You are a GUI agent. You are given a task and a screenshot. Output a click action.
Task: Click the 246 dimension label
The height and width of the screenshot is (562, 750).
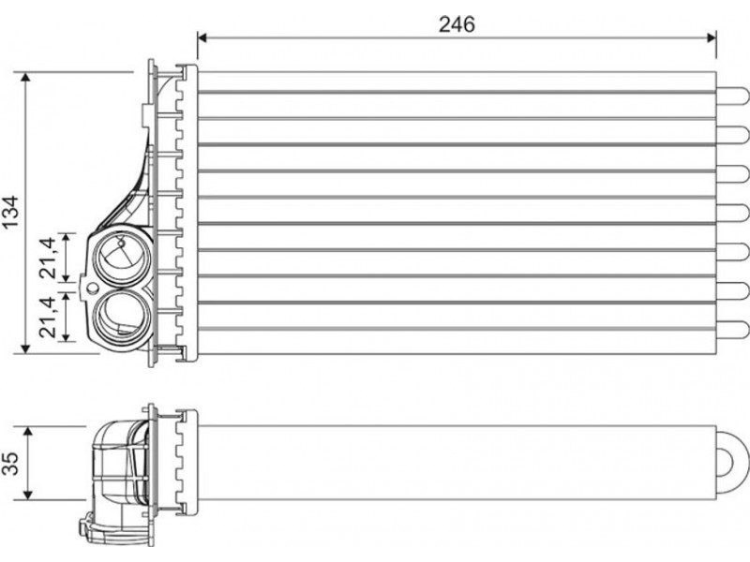pyautogui.click(x=457, y=24)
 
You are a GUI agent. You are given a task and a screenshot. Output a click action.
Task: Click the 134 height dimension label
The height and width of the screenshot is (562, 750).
pyautogui.click(x=10, y=212)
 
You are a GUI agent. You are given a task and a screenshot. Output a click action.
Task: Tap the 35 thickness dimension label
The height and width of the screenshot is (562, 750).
pyautogui.click(x=10, y=463)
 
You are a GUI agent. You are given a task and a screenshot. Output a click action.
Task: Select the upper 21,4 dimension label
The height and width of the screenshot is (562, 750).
pyautogui.click(x=49, y=259)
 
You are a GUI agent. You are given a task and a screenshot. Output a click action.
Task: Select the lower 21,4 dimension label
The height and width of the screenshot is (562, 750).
pyautogui.click(x=49, y=317)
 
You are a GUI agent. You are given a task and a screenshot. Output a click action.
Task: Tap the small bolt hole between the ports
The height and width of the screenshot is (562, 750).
pyautogui.click(x=92, y=288)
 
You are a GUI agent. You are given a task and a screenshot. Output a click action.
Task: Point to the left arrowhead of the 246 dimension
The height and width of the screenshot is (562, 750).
pyautogui.click(x=202, y=37)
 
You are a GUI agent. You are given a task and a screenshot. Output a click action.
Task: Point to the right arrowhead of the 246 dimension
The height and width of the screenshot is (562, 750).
pyautogui.click(x=712, y=37)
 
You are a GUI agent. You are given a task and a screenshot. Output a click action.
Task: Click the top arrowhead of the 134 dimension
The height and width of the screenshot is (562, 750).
pyautogui.click(x=26, y=77)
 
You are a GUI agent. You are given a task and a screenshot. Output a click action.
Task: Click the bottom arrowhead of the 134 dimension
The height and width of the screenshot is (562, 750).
pyautogui.click(x=26, y=348)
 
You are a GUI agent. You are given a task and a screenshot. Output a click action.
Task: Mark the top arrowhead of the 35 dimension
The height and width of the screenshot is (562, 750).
pyautogui.click(x=29, y=433)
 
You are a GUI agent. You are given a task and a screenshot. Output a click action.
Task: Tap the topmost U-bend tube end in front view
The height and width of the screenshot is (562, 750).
pyautogui.click(x=733, y=96)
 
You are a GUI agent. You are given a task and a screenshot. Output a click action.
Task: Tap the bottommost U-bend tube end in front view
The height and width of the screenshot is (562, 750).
pyautogui.click(x=733, y=331)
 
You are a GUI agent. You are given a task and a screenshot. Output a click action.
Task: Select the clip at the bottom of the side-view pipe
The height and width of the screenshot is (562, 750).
pyautogui.click(x=86, y=532)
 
